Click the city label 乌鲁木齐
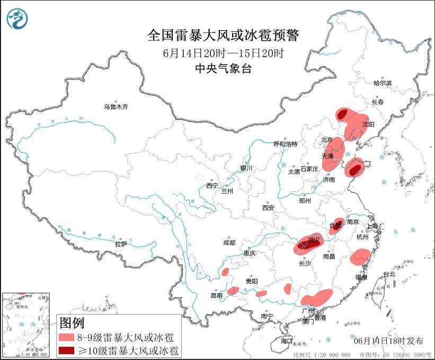[x=116, y=107]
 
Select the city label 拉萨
[x=121, y=244]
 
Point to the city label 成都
[x=229, y=243]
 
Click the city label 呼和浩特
[x=286, y=144]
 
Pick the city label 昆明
[x=217, y=295]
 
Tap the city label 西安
[x=268, y=208]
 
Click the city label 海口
[x=287, y=340]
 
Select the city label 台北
[x=389, y=274]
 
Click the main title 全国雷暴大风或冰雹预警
[x=223, y=36]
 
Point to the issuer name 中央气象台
[x=223, y=68]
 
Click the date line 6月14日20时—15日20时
[x=223, y=52]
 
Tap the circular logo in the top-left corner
[x=17, y=19]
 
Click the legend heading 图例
[x=72, y=322]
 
